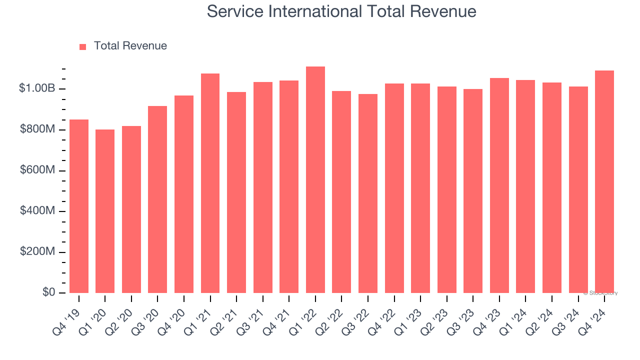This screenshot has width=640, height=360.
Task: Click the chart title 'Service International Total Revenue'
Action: (x=341, y=11)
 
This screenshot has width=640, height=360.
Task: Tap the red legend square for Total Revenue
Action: (x=82, y=46)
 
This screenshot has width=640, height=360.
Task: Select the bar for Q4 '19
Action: (x=79, y=206)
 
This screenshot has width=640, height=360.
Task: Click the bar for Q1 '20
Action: (x=105, y=211)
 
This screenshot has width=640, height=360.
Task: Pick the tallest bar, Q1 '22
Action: (x=315, y=180)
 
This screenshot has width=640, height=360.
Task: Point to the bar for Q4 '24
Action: (x=604, y=182)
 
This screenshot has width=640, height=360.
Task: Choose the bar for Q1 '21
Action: (x=210, y=183)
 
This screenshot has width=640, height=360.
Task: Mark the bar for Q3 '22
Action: (x=368, y=193)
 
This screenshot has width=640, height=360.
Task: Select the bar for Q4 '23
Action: (x=499, y=185)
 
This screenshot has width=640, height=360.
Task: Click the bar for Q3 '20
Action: (x=157, y=199)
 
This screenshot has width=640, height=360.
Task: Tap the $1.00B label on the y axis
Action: (x=37, y=88)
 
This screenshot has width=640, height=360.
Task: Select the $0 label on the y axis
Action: (x=48, y=292)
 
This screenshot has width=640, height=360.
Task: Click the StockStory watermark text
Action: (x=600, y=293)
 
